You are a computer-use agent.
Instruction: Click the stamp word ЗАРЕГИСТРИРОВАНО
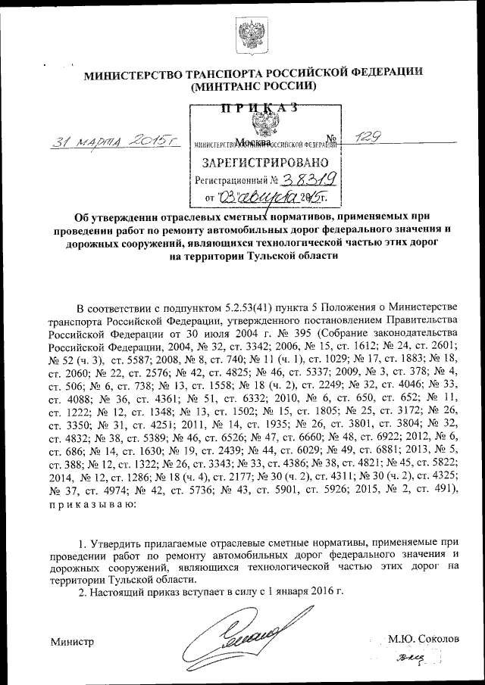click(264, 162)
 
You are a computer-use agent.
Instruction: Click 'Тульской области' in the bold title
click(296, 256)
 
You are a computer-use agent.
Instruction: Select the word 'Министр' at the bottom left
click(72, 642)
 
